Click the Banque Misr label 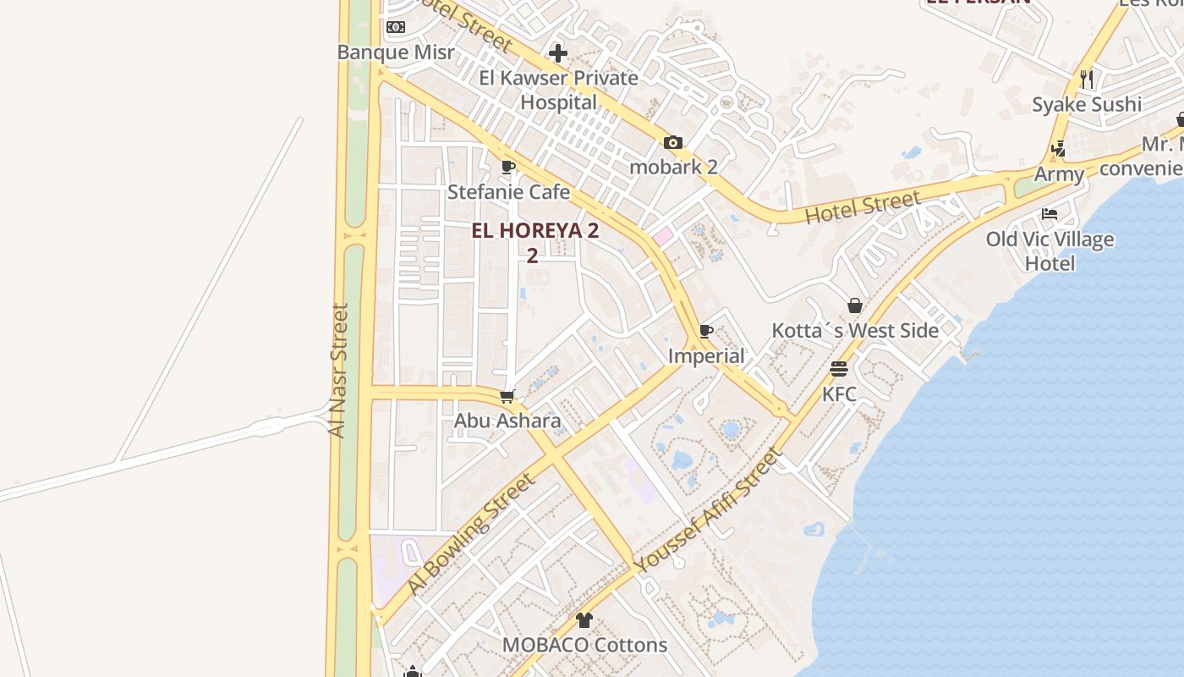[x=396, y=52]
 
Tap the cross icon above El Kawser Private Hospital [x=558, y=53]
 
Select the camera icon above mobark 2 [x=673, y=142]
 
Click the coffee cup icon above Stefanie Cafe [x=508, y=167]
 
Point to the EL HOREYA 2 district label [x=534, y=231]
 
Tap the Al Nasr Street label [x=338, y=371]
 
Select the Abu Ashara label [x=507, y=421]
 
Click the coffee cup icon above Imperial [x=706, y=331]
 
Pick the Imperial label [x=706, y=356]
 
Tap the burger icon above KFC [x=839, y=369]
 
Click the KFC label [x=839, y=394]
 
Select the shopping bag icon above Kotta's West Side [x=855, y=305]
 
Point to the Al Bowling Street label [x=470, y=534]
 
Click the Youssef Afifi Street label [x=709, y=511]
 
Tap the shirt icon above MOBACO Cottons [x=584, y=620]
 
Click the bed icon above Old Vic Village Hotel [x=1050, y=214]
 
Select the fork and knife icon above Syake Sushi [x=1087, y=80]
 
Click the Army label [x=1059, y=174]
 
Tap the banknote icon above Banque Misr [x=396, y=27]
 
